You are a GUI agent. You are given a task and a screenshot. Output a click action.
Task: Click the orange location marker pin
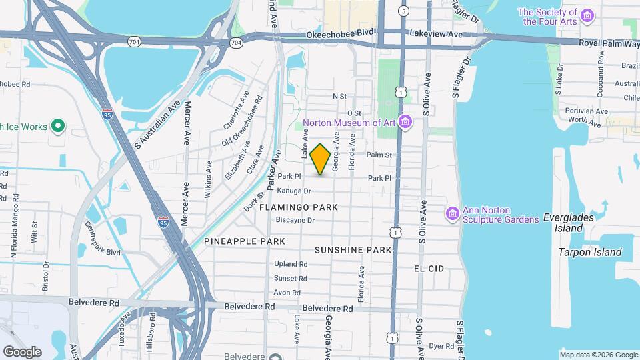[320, 159]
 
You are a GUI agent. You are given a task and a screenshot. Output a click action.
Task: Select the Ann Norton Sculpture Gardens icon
[452, 213]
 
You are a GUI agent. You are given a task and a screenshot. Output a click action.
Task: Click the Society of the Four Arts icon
[587, 15]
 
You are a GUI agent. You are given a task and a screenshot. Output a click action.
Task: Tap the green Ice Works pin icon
[58, 125]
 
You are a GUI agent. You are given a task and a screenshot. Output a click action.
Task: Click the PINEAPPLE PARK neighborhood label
[245, 241]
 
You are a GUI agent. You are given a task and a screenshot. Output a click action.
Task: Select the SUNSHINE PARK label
[353, 250]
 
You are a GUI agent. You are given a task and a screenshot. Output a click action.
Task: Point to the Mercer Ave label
[188, 124]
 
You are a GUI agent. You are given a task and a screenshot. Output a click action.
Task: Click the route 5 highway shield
[403, 11]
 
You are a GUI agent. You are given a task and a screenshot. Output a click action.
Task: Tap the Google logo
[22, 351]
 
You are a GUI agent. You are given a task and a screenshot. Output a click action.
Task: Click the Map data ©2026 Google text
[599, 354]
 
